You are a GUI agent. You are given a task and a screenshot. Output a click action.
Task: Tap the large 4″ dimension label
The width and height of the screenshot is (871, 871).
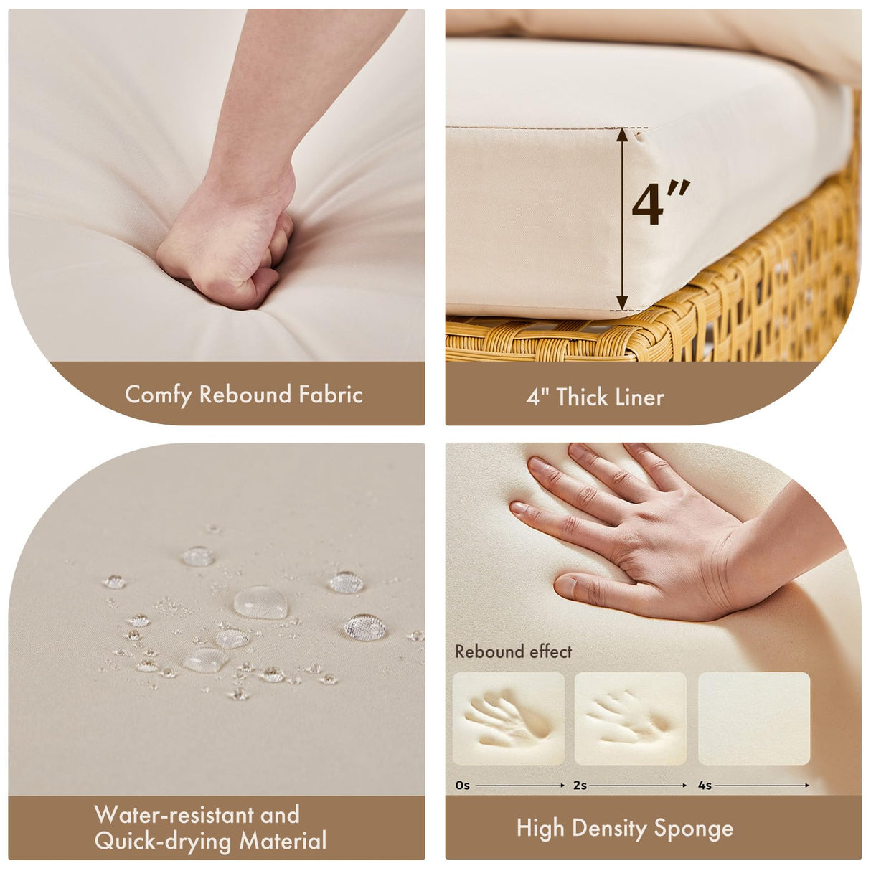coord(661,202)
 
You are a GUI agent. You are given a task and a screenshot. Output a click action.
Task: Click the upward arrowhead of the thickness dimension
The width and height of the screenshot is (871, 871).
coord(623,135)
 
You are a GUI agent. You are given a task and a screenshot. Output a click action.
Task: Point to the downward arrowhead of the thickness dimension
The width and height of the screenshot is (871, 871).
coord(623,303)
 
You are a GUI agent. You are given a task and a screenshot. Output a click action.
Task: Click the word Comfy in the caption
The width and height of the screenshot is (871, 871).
coord(158,395)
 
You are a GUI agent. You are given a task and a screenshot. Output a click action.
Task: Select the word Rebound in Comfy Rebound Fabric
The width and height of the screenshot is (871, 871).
coord(245,394)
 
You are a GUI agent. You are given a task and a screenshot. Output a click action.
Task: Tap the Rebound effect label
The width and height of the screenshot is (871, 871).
coord(513,651)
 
